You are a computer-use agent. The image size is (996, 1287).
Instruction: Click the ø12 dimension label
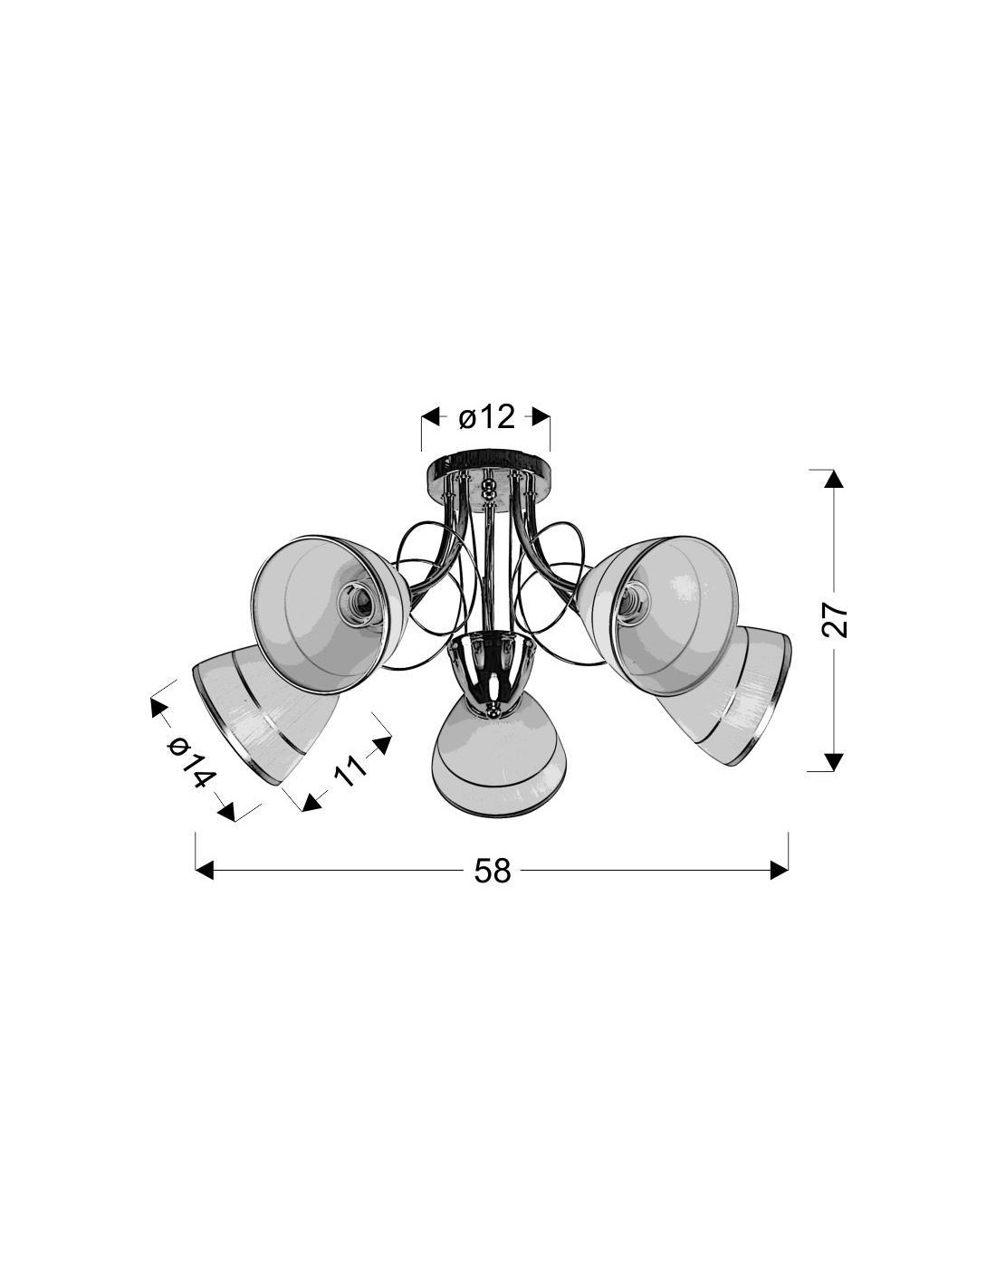coord(486,417)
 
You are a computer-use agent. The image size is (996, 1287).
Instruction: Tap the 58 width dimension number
coord(492,871)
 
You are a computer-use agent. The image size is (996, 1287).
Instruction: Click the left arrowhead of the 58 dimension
coord(204,870)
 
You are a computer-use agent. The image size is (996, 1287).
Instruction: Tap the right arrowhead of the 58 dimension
coord(779,870)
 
